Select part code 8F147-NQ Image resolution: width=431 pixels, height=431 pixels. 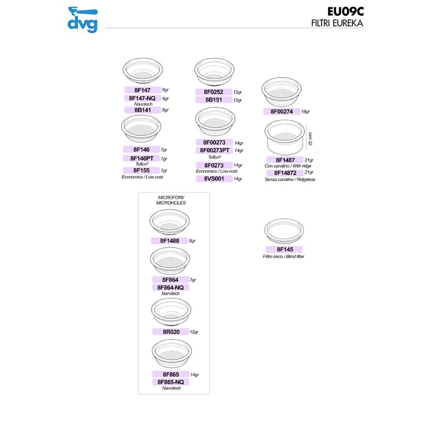tap(142, 99)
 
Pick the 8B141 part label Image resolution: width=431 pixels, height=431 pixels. tap(142, 110)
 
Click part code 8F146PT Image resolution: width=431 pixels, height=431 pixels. tap(142, 158)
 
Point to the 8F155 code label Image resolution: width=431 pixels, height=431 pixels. tap(142, 170)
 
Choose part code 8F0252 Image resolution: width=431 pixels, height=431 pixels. tap(213, 92)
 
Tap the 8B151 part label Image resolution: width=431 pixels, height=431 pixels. tap(213, 100)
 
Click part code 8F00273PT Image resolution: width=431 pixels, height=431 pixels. tap(215, 150)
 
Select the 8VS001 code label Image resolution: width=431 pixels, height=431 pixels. tap(213, 178)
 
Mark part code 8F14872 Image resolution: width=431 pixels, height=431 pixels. tap(284, 172)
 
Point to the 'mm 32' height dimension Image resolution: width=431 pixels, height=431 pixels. tap(310, 139)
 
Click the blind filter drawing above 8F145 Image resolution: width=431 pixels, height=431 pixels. tap(285, 232)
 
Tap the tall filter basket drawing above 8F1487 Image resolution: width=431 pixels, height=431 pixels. tap(284, 138)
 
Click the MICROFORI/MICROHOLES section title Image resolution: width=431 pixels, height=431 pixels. tap(171, 200)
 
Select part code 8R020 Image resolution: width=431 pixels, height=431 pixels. tap(170, 331)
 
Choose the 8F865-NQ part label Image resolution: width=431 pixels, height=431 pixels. tap(170, 381)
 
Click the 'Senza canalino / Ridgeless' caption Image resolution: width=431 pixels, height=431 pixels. tap(289, 179)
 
